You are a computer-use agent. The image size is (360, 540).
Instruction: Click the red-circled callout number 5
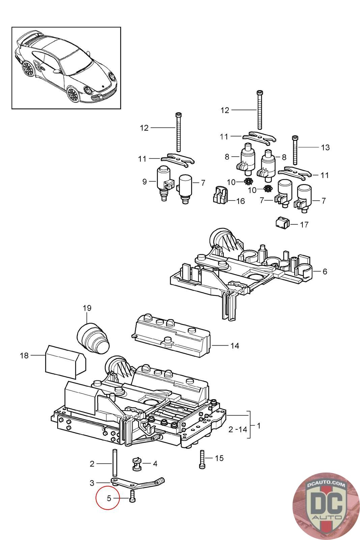109,498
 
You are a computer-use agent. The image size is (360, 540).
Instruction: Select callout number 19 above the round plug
87,308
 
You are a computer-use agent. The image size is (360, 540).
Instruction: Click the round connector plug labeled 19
93,338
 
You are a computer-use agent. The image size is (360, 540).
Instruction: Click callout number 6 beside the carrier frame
325,271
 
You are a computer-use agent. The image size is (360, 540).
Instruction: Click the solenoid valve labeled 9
163,181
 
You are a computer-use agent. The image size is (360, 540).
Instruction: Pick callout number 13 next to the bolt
325,147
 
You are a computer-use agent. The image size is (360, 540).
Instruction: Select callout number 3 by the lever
92,483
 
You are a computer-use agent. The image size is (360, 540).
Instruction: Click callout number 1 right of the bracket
258,426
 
